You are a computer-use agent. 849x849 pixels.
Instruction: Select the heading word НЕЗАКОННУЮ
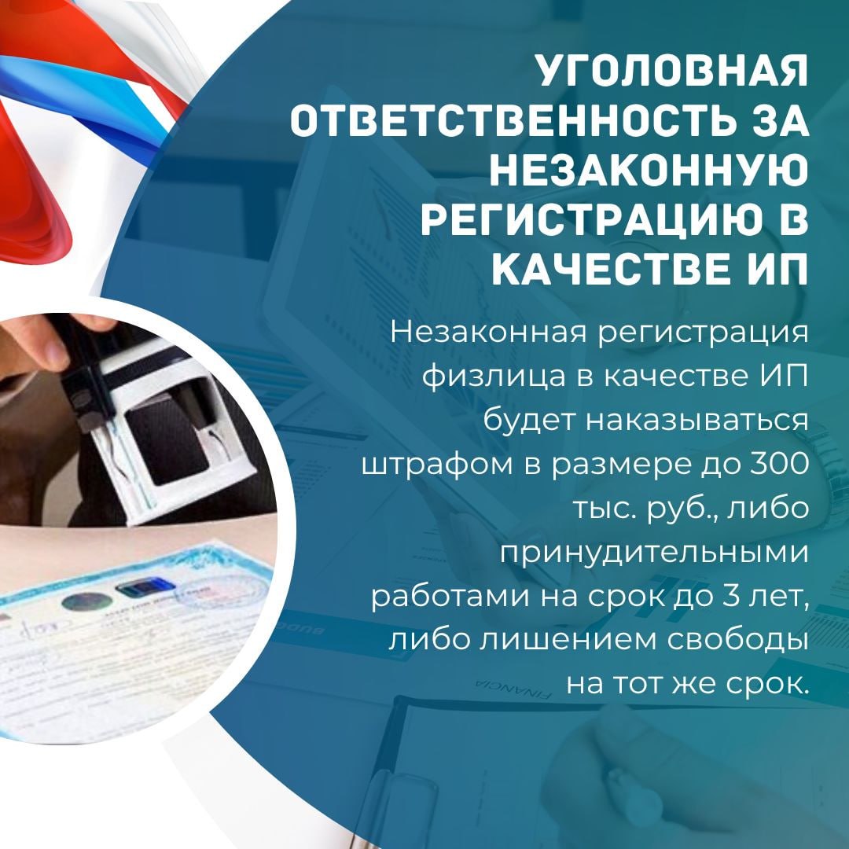[x=649, y=170]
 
